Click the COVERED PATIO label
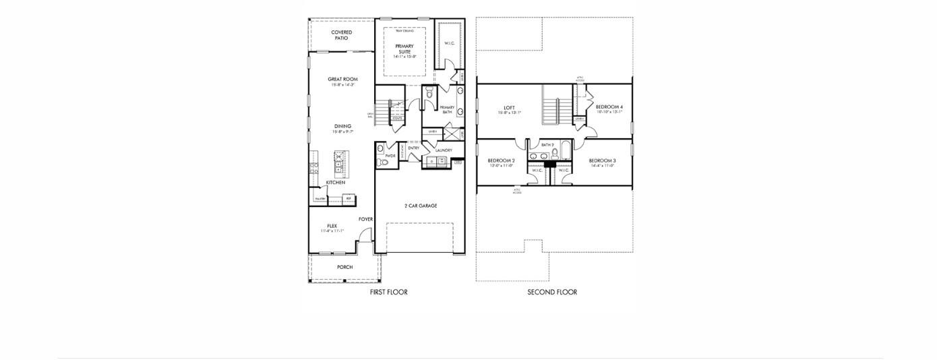(341, 35)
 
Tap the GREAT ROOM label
(342, 80)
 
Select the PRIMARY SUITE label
(404, 49)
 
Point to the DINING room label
(342, 127)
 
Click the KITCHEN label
(336, 183)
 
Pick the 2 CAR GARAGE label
(420, 206)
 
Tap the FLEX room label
(332, 227)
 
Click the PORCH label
(344, 267)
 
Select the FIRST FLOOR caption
(388, 292)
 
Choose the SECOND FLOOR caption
(552, 292)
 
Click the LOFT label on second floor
(509, 108)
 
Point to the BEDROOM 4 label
(609, 107)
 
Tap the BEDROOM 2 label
(501, 161)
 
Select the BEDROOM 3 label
(602, 161)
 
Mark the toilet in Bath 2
(555, 153)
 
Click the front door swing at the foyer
(365, 236)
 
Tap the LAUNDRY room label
(444, 150)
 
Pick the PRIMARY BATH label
(447, 109)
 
